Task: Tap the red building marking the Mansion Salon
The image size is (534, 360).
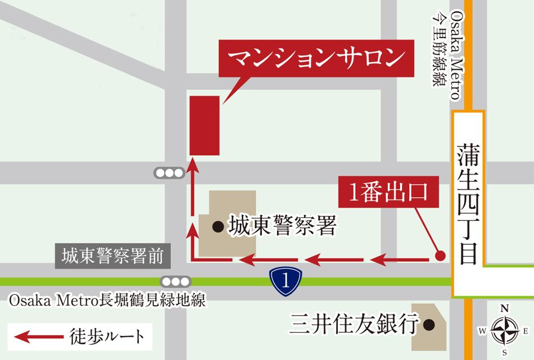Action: pyautogui.click(x=204, y=125)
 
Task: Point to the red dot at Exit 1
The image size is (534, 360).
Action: pyautogui.click(x=441, y=256)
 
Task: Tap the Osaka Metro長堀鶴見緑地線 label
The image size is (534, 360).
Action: pyautogui.click(x=107, y=301)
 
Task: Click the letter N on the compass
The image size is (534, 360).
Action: pyautogui.click(x=504, y=308)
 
